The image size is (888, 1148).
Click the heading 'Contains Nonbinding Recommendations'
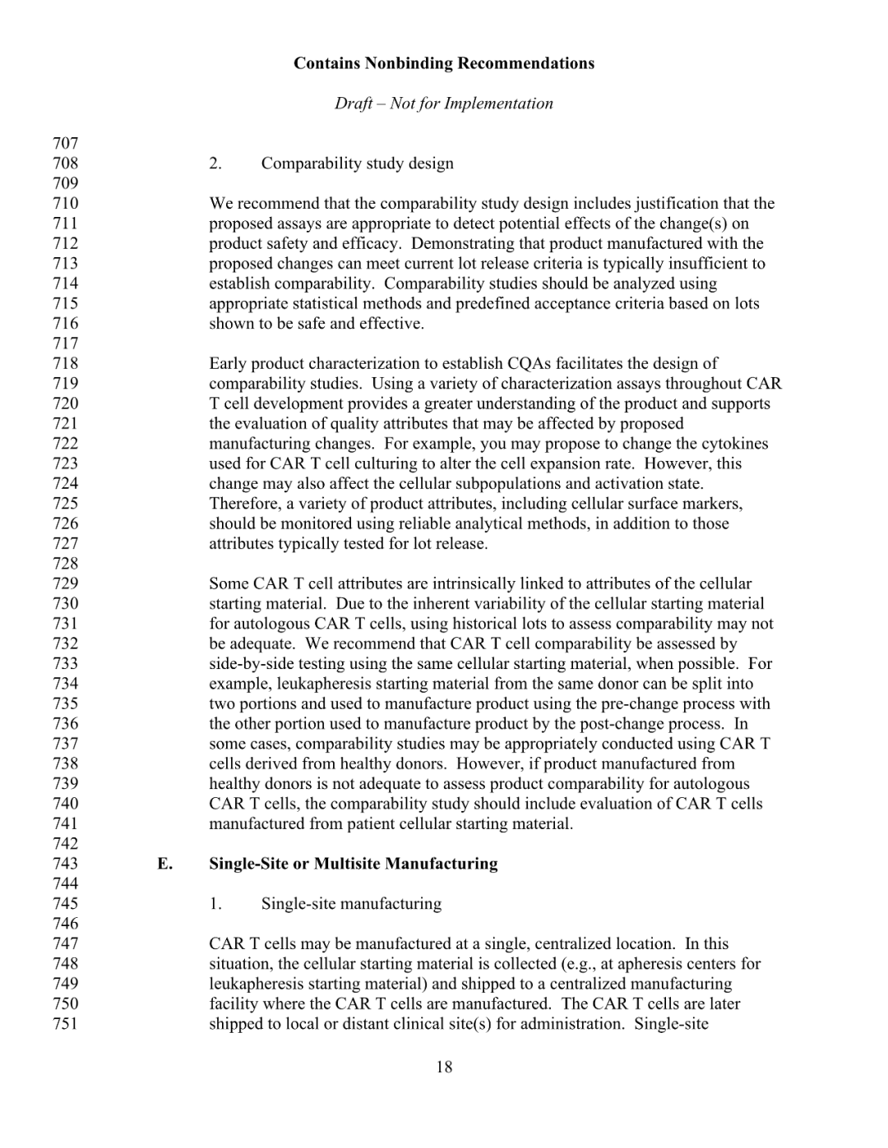(x=443, y=63)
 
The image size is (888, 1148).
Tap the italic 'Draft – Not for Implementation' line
(x=443, y=104)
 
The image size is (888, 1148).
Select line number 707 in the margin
(x=65, y=143)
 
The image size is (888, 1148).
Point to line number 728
(x=65, y=564)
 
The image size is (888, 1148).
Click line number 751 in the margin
(x=65, y=1024)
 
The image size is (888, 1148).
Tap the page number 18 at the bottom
(x=444, y=1067)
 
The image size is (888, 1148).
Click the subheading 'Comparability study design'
(x=357, y=164)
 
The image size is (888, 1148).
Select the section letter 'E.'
(x=165, y=864)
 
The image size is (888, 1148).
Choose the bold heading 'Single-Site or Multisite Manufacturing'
(x=354, y=864)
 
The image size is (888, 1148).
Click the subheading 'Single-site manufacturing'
(x=351, y=904)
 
